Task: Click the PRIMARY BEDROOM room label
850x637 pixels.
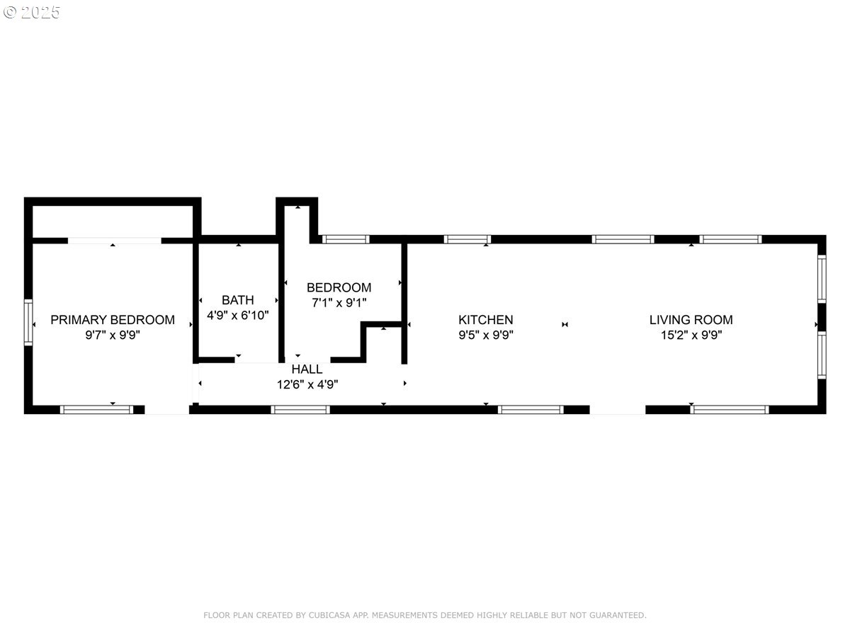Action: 112,320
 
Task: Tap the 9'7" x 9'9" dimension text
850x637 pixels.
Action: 112,335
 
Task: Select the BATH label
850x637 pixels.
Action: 237,300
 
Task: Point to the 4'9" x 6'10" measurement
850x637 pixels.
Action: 237,316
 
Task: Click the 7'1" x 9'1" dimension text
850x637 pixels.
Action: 339,303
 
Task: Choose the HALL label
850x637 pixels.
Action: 307,369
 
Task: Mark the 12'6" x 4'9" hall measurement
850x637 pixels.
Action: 307,385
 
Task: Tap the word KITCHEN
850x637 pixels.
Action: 485,320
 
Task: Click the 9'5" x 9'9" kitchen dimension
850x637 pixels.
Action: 485,335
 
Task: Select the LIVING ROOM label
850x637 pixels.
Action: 691,320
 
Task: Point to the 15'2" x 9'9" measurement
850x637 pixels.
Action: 691,335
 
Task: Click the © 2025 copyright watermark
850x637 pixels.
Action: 32,12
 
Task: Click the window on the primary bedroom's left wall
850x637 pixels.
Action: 28,322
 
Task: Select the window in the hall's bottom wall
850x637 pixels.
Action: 300,409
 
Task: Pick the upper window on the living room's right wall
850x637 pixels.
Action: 822,279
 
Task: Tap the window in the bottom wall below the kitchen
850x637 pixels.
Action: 531,409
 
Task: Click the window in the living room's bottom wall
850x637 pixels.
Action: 730,409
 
